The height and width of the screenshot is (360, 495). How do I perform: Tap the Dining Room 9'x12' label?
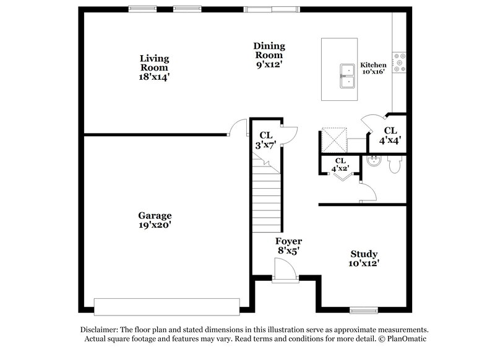point(269,55)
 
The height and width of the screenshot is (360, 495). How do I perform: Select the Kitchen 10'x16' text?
point(373,68)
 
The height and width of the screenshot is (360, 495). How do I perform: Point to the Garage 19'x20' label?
point(155,221)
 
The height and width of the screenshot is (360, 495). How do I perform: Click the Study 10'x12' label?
point(364,259)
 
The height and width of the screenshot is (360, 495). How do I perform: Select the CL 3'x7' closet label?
point(265,139)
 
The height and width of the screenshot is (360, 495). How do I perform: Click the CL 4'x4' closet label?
point(390,135)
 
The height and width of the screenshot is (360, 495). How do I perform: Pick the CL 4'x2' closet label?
point(340,165)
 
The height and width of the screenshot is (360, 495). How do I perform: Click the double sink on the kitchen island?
point(347,75)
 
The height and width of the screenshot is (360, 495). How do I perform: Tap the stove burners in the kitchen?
point(400,62)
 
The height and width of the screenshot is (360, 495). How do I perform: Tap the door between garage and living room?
point(235,127)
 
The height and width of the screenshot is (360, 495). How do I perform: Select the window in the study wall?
point(363,310)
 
